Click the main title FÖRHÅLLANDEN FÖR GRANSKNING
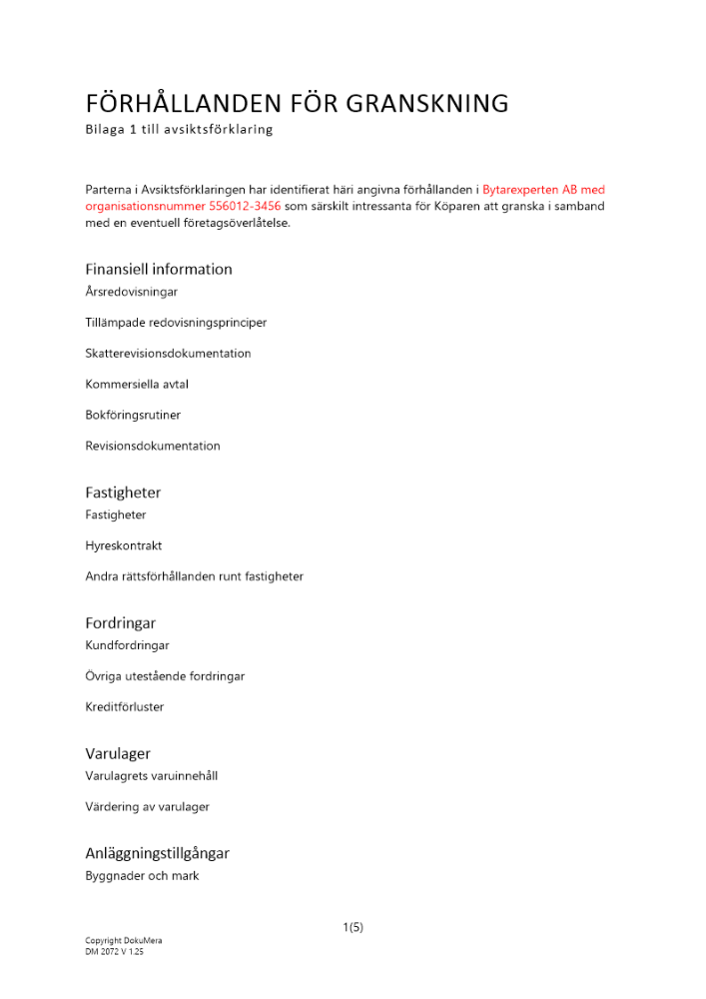tap(297, 103)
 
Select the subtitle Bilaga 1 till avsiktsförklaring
tap(179, 130)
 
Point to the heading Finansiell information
tap(159, 269)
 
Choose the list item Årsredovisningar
tap(132, 292)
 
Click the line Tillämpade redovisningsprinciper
tap(176, 323)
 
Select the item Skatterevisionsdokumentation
tap(168, 354)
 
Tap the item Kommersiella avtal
tap(137, 384)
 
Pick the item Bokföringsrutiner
tap(133, 415)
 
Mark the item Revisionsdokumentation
tap(153, 446)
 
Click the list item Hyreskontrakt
tap(124, 545)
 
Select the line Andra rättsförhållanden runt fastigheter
tap(194, 576)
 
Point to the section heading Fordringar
tap(120, 622)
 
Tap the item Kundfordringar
tap(127, 645)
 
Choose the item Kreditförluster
tap(125, 706)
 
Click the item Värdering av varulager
tap(147, 806)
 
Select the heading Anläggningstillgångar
tap(158, 853)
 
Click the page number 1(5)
tap(353, 927)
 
